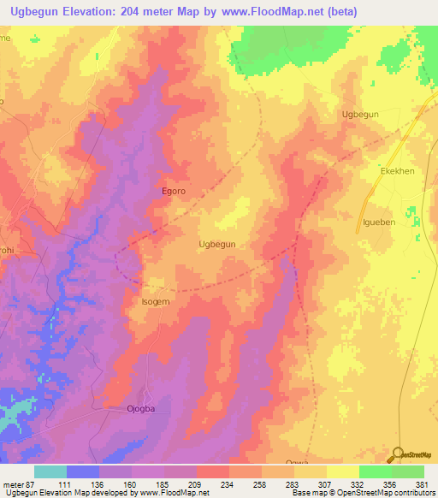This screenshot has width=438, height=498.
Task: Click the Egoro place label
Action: [174, 192]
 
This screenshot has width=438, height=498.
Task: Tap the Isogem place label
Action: [156, 302]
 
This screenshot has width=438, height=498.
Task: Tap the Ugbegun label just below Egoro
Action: [217, 244]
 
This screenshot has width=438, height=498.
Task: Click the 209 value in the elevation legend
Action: [195, 484]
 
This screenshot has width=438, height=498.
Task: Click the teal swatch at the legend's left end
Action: [50, 471]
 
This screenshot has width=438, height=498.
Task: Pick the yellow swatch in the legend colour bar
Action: [342, 471]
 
